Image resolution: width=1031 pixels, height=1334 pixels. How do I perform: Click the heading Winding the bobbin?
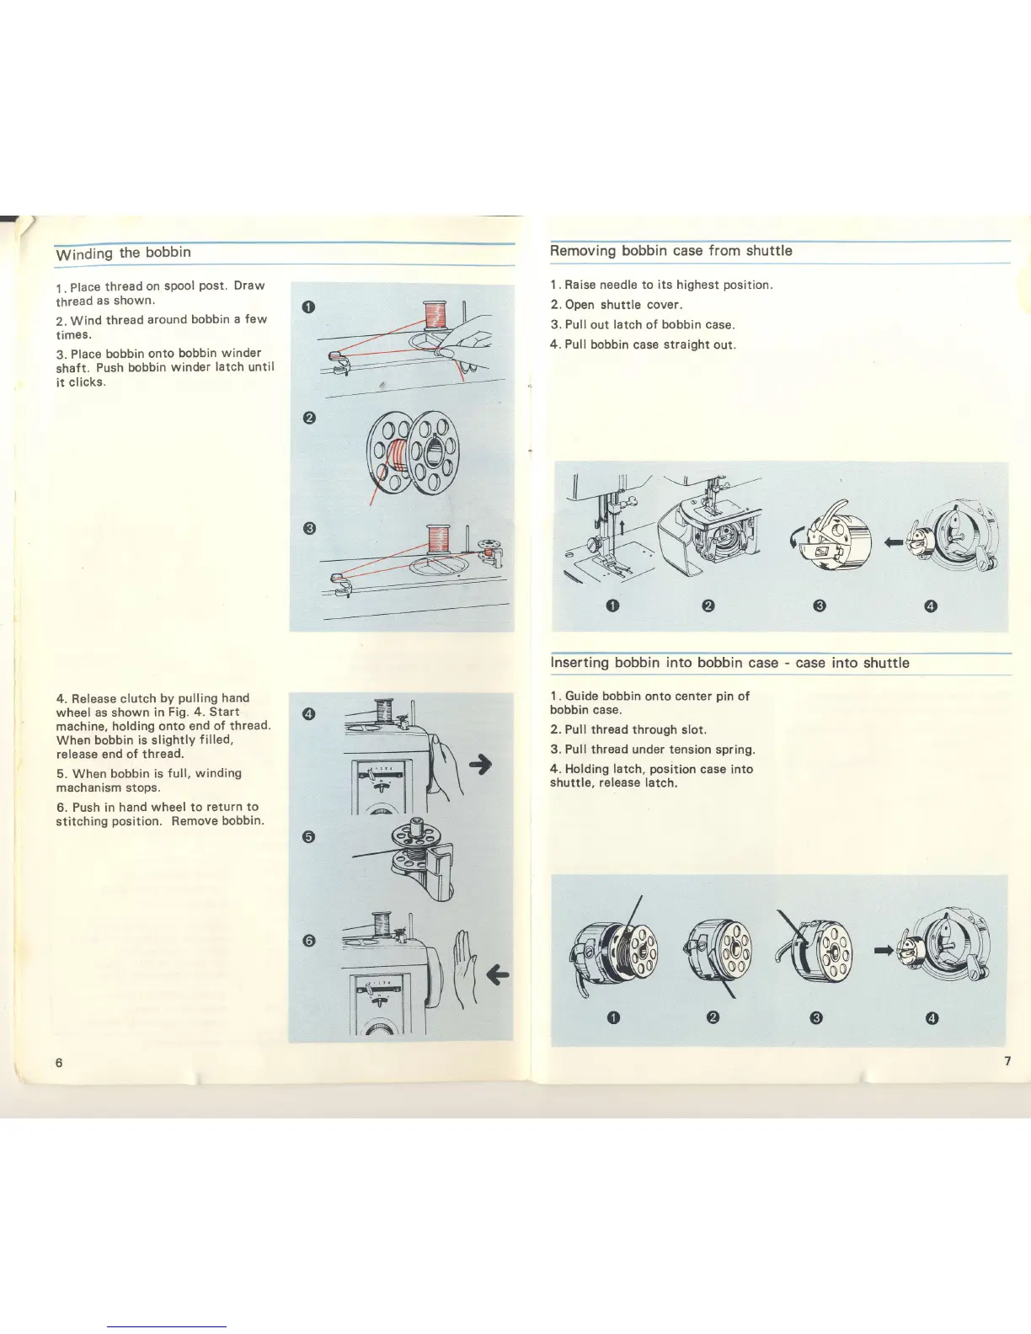click(x=123, y=253)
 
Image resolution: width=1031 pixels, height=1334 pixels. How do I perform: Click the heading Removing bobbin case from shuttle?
click(x=670, y=251)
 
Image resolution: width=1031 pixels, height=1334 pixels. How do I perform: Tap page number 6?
click(x=59, y=1062)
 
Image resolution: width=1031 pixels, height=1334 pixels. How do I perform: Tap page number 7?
click(x=1007, y=1060)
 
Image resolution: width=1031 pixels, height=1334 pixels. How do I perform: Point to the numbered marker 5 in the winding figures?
click(x=308, y=836)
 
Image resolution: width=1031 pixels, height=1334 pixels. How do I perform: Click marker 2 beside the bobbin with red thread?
click(x=308, y=418)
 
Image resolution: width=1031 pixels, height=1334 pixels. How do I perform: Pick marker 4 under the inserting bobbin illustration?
click(x=931, y=1018)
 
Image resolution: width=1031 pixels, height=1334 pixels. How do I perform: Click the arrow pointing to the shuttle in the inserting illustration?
click(x=884, y=950)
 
